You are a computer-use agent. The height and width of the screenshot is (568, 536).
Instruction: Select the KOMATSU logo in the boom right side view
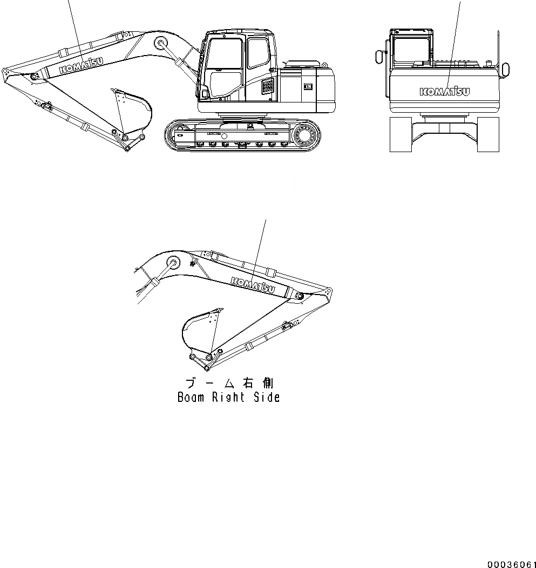(253, 284)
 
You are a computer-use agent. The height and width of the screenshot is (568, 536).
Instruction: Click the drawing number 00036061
(511, 564)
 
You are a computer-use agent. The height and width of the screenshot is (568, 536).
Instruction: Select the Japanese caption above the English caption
(229, 383)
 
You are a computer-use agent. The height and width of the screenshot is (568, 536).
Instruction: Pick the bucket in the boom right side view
(199, 332)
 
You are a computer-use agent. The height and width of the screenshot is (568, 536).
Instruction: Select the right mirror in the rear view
(506, 69)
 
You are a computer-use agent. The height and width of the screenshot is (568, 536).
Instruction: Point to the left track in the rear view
(401, 134)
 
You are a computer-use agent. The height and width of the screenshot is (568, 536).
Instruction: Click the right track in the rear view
(488, 134)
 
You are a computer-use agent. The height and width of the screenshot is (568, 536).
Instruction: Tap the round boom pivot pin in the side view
(161, 43)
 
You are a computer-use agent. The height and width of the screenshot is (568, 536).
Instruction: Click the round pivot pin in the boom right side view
(174, 263)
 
